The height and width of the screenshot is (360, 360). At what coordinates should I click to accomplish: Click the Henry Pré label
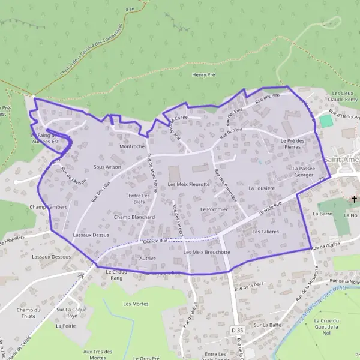click(x=203, y=74)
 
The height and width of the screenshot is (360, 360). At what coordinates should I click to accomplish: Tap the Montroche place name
click(x=132, y=146)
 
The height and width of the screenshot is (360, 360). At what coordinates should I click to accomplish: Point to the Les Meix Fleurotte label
click(x=189, y=184)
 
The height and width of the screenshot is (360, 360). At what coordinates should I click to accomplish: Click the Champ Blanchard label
click(x=134, y=217)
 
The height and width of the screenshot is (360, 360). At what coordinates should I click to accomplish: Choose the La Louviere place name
click(x=262, y=188)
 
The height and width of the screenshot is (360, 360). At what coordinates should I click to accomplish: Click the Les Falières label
click(x=266, y=231)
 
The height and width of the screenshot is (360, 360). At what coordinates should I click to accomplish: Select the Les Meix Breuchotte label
click(x=206, y=253)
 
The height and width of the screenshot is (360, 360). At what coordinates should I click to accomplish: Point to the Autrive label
click(x=147, y=258)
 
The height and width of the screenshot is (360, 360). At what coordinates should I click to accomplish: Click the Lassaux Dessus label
click(x=91, y=235)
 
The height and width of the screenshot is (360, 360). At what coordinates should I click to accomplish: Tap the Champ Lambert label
click(x=47, y=206)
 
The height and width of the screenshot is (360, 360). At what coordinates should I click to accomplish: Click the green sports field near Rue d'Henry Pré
click(x=326, y=121)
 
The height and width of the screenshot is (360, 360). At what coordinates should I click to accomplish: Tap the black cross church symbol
click(x=354, y=199)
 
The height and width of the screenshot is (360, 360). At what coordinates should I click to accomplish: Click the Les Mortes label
click(x=136, y=304)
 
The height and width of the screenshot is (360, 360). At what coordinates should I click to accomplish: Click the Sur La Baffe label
click(x=267, y=325)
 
